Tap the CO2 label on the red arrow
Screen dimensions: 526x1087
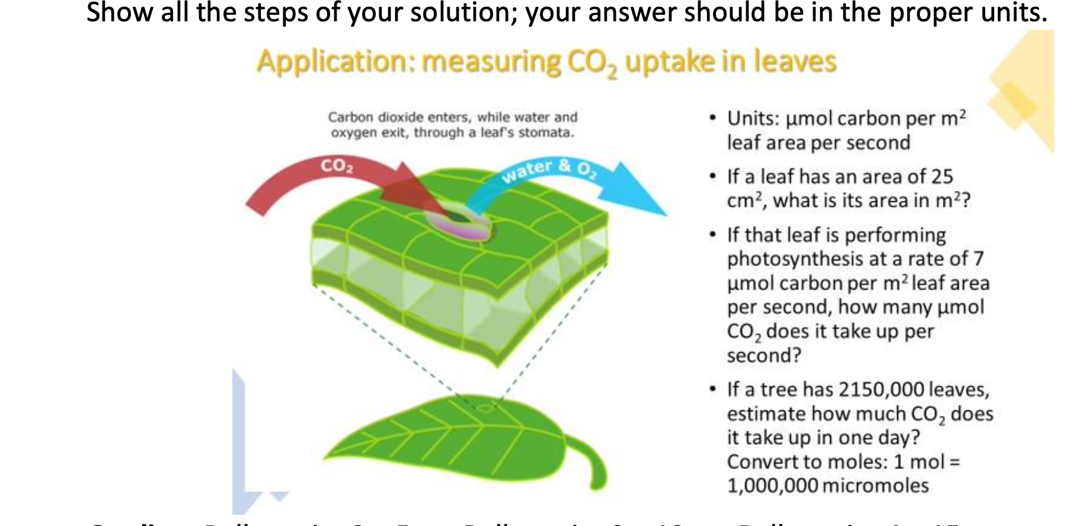337,165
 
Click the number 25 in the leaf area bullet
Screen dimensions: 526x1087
942,177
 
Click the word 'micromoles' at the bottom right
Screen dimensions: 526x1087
875,486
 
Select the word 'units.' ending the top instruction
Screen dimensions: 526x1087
1014,12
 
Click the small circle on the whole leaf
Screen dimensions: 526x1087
485,408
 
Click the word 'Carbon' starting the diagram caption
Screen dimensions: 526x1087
351,117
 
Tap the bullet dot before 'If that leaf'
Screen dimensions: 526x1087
714,235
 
